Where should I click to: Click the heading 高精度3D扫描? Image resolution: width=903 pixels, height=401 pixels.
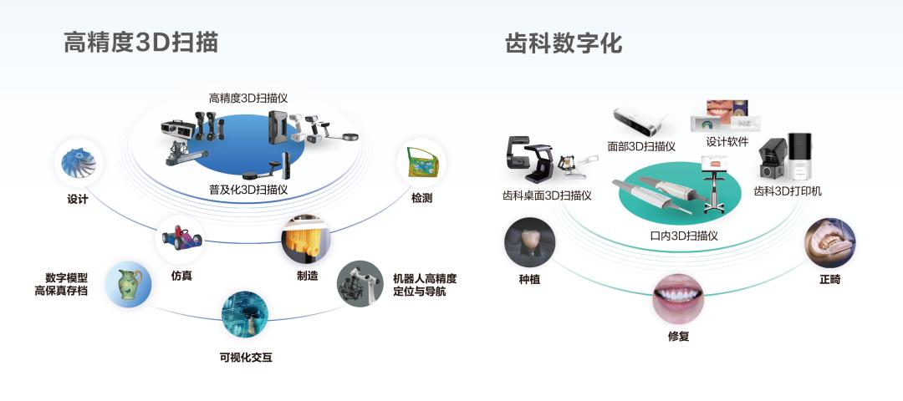pos(140,43)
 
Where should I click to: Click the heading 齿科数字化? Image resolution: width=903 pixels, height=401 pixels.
pos(564,43)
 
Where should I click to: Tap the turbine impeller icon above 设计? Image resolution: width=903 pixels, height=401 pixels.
pos(78,163)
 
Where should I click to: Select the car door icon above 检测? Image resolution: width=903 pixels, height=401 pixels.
pos(421,162)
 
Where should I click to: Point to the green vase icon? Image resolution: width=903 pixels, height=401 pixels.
pos(128,284)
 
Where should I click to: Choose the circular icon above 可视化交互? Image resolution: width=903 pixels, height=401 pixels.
pos(245,314)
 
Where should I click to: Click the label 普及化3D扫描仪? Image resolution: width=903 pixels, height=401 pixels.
pos(248,190)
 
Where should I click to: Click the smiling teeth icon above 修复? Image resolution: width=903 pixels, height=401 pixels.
pos(678,297)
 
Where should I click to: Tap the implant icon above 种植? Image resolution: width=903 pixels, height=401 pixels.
pos(529,242)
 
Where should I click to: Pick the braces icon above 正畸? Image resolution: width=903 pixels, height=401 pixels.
pos(829,242)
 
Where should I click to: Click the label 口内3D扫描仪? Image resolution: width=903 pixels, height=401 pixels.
pos(683,236)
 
